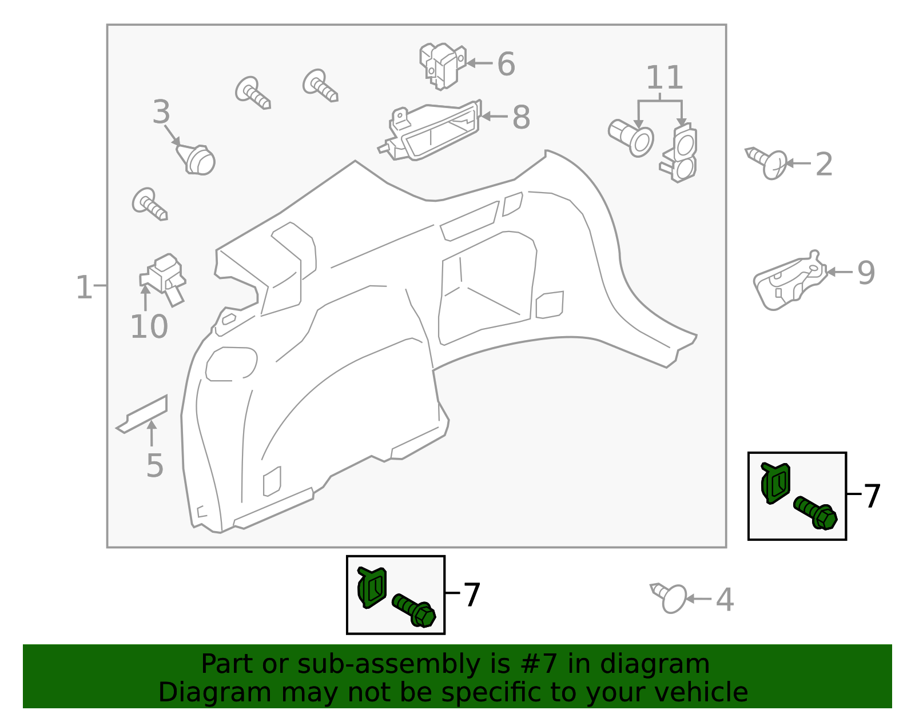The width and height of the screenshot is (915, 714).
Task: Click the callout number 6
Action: (x=506, y=64)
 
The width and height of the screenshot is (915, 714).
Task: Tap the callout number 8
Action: (x=521, y=118)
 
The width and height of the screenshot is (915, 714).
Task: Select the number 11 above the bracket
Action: (x=665, y=78)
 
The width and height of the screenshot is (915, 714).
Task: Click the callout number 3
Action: (x=161, y=113)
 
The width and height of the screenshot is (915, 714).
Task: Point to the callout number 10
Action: (x=149, y=328)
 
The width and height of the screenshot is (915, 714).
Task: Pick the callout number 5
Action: (x=154, y=466)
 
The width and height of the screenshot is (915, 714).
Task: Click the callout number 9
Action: (x=866, y=273)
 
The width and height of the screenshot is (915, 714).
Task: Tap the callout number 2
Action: (x=823, y=165)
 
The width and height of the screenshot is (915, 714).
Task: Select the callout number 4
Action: (x=725, y=600)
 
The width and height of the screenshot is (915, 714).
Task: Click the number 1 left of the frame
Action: (x=83, y=288)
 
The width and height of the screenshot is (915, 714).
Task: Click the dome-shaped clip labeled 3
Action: (x=198, y=159)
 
